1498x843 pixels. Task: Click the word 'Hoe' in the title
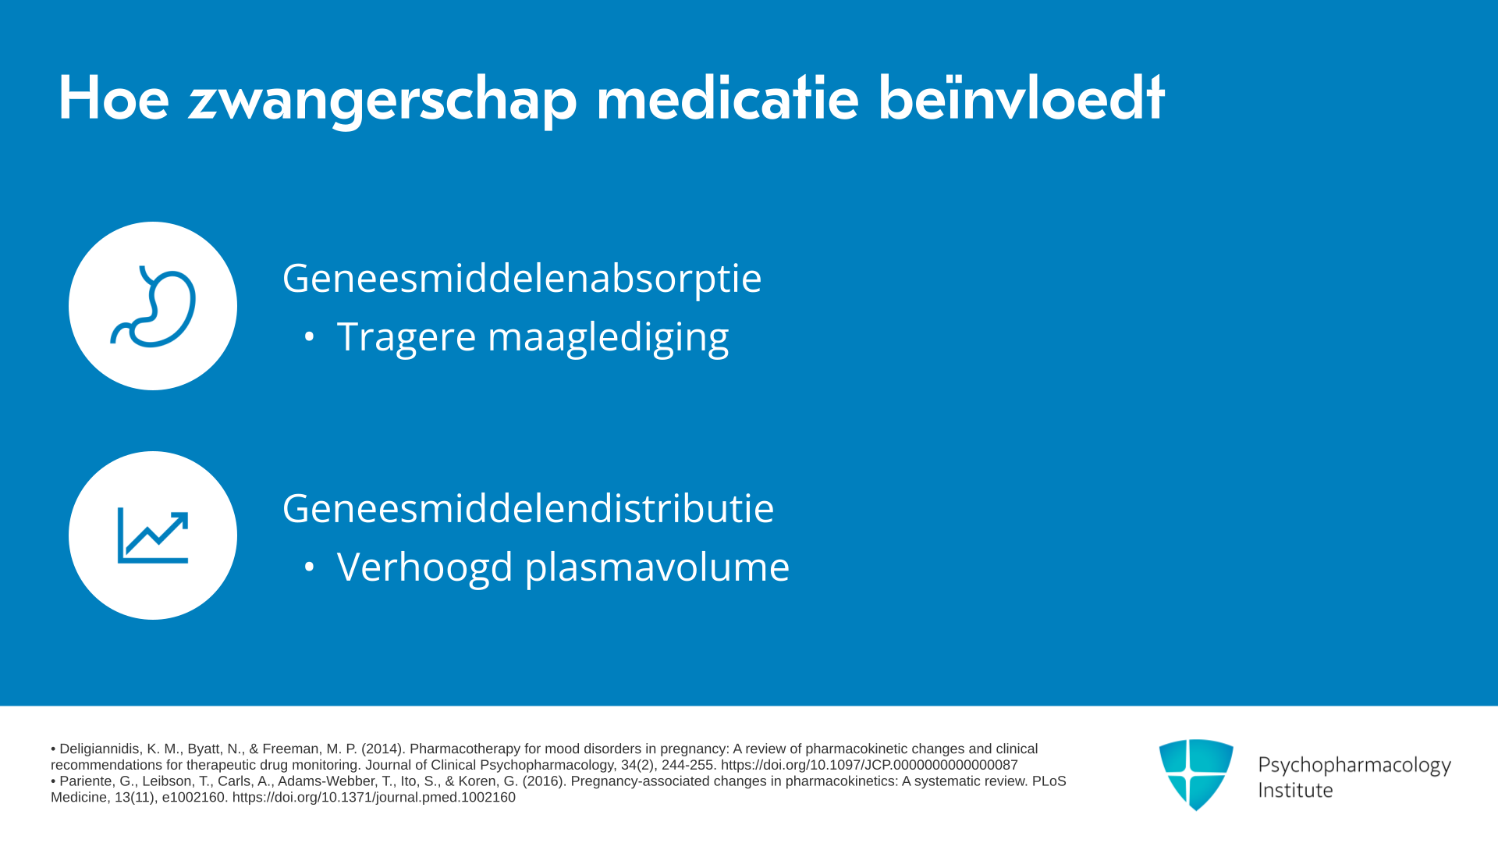click(114, 98)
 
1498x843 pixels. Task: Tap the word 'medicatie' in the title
click(727, 98)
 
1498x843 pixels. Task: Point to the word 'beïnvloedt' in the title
click(1021, 98)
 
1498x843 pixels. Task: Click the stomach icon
click(153, 306)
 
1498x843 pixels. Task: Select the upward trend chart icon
click(153, 535)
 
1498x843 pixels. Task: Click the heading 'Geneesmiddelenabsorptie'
click(522, 278)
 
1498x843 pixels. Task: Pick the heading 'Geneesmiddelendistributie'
click(528, 508)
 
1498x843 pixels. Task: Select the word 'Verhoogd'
click(425, 567)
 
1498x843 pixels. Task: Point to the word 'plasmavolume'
click(657, 567)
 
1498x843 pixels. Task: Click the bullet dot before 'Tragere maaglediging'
click(310, 337)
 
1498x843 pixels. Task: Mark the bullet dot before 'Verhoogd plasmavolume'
click(310, 567)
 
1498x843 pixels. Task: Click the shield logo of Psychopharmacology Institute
click(1196, 774)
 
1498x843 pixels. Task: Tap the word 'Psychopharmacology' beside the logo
click(1354, 766)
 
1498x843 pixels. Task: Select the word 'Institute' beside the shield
click(1296, 791)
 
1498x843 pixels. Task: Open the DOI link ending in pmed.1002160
click(374, 798)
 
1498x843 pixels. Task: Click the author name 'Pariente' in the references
click(86, 781)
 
